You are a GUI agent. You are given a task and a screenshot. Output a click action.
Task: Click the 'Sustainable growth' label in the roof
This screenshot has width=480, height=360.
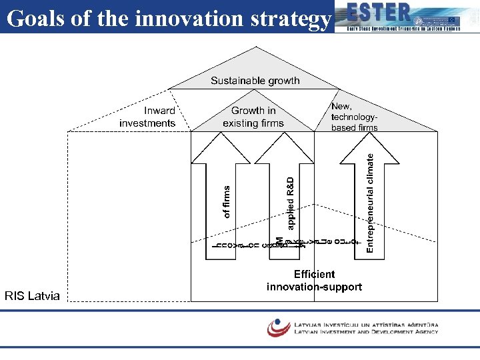coord(255,81)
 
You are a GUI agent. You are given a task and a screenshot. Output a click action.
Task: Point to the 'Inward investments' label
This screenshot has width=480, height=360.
coord(148,117)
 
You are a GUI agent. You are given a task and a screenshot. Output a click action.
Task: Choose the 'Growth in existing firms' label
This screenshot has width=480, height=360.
coord(253,117)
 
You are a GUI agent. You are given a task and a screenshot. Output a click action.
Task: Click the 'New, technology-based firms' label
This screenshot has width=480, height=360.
coord(354,117)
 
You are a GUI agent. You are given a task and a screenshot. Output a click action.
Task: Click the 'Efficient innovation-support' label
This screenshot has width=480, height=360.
coord(314,281)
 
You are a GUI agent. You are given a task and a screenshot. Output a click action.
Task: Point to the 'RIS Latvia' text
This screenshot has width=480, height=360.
coord(32,295)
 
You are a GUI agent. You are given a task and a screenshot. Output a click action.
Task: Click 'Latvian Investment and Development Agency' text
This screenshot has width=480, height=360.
coord(366,331)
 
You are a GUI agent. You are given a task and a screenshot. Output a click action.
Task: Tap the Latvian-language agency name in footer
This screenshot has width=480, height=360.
coord(366,325)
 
